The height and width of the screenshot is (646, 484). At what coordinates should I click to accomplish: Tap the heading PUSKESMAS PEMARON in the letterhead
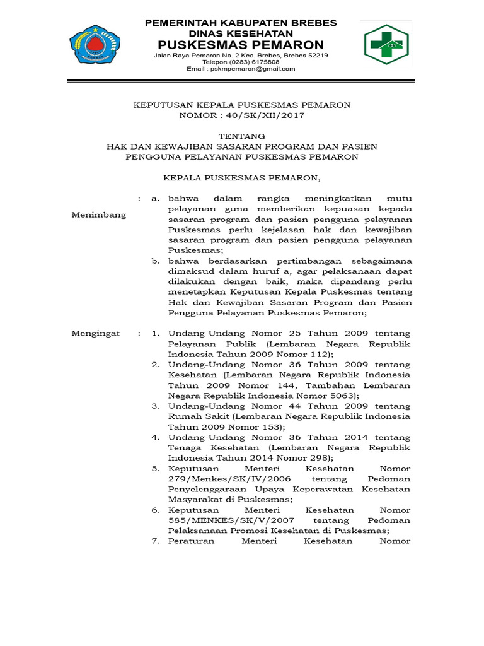[241, 45]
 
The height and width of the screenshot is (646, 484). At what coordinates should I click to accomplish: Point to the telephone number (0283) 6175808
[258, 62]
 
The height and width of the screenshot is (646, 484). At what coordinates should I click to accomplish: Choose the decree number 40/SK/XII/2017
[260, 115]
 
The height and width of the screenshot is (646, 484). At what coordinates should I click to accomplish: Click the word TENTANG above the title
[241, 136]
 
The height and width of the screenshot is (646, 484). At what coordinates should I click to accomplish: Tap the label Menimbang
[98, 215]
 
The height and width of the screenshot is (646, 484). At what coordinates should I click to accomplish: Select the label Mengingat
[95, 333]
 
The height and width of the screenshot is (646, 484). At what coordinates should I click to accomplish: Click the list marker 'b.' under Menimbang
[156, 261]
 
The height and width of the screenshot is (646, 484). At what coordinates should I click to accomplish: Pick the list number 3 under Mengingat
[156, 406]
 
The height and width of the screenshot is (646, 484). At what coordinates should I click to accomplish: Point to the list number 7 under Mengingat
[156, 541]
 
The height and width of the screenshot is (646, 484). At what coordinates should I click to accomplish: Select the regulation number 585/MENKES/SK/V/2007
[215, 520]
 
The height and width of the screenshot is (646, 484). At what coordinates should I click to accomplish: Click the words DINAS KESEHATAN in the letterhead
[241, 33]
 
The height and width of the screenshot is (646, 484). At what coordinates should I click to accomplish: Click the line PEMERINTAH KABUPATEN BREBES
[241, 23]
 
